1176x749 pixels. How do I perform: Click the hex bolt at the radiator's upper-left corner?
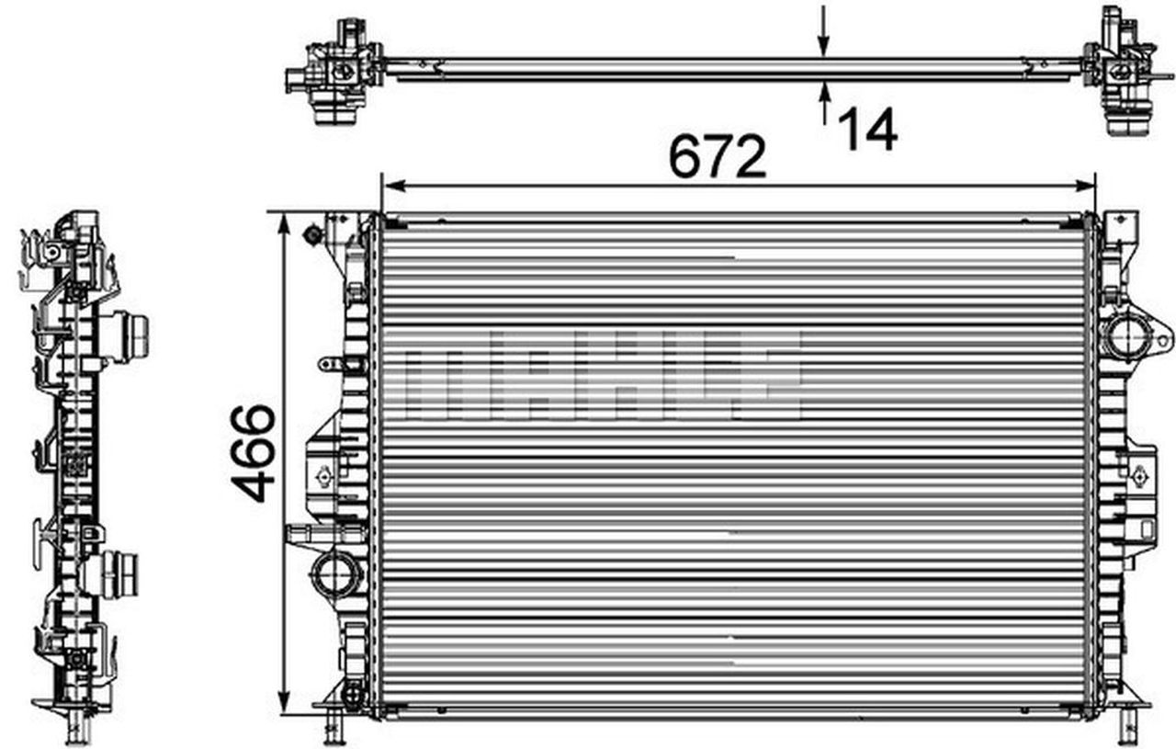coord(312,235)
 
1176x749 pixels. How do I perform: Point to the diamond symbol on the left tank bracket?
coord(322,476)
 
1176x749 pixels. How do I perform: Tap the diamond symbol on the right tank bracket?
coord(1140,475)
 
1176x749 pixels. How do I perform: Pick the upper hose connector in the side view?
coord(129,335)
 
